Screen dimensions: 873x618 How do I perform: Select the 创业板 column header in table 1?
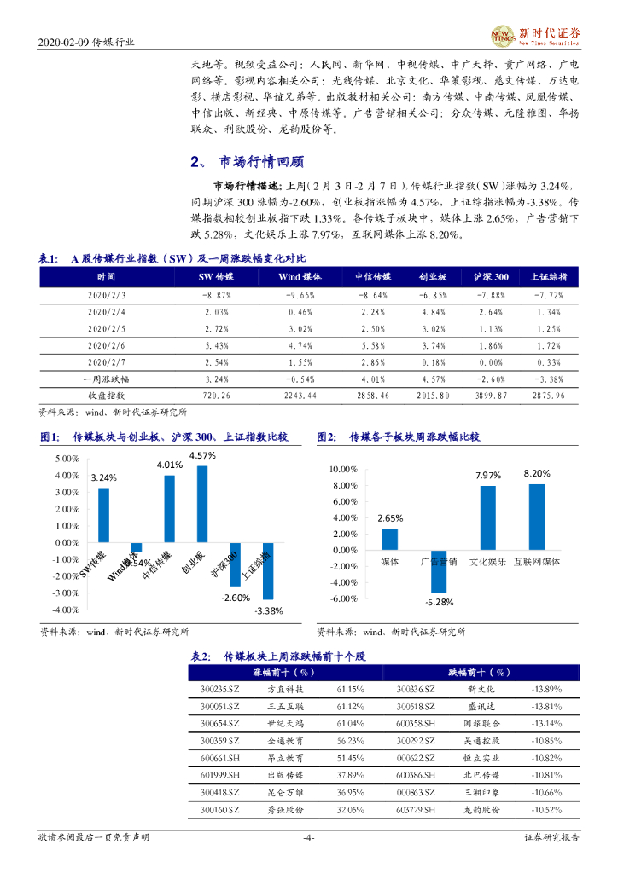(x=433, y=276)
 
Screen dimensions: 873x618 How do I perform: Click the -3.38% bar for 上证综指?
(x=267, y=570)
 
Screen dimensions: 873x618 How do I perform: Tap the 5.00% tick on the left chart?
(x=67, y=459)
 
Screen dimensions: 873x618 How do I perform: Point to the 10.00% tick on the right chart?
(x=344, y=469)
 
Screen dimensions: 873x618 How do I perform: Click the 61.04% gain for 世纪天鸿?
(x=350, y=721)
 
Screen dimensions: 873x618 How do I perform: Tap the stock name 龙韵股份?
(x=486, y=808)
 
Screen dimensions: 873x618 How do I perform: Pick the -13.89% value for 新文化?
(x=545, y=688)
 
